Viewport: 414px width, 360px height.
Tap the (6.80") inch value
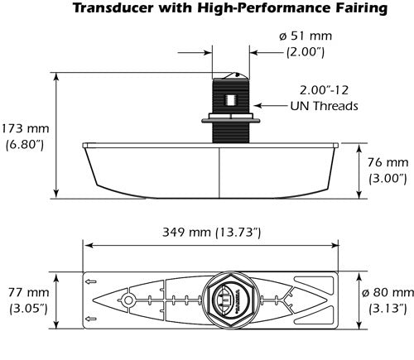25,146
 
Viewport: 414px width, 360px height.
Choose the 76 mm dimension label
386,162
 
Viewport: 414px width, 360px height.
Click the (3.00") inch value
387,177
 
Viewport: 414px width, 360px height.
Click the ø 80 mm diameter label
387,293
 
